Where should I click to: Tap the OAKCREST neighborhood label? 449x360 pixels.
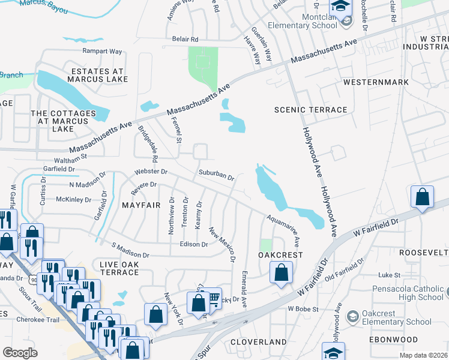click(x=280, y=255)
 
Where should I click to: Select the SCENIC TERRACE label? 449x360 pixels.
click(x=310, y=110)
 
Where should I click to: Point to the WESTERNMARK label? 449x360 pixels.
click(x=375, y=82)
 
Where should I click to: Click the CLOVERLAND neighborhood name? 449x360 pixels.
click(x=259, y=341)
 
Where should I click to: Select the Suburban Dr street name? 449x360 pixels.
click(x=216, y=175)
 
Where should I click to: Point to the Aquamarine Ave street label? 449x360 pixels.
click(x=283, y=230)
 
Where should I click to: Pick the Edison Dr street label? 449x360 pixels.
click(x=193, y=244)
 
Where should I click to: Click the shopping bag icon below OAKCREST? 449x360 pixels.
click(x=281, y=274)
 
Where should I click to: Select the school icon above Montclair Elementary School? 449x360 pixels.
click(x=340, y=7)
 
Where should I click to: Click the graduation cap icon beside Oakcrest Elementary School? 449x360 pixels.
click(x=353, y=316)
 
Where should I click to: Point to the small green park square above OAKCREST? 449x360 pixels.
click(x=266, y=245)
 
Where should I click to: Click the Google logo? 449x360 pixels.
click(x=20, y=353)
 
